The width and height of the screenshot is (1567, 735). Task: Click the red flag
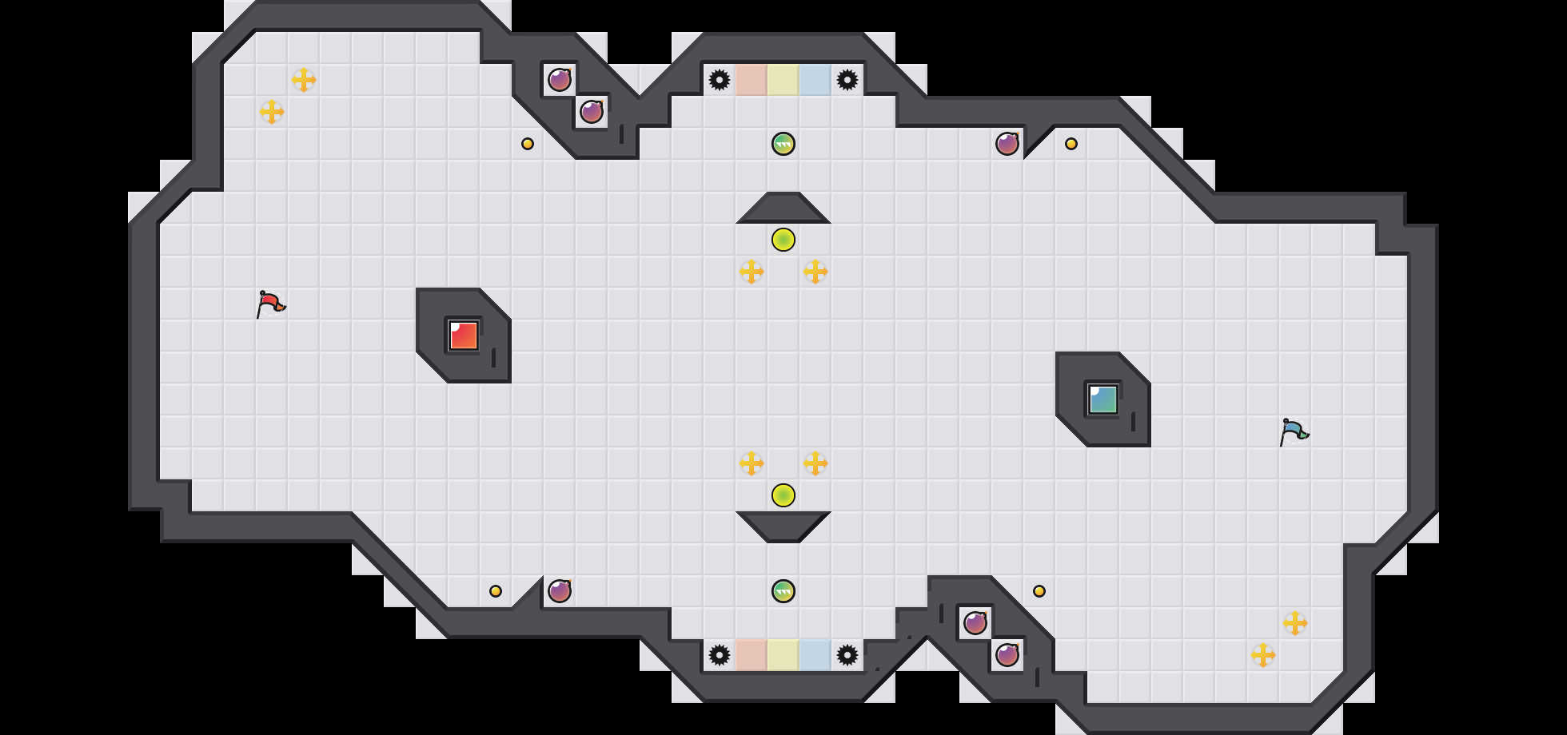tap(270, 304)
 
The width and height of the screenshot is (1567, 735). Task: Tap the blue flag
tap(1294, 431)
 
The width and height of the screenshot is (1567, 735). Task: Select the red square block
tap(464, 336)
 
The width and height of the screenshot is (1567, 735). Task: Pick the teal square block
tap(1103, 399)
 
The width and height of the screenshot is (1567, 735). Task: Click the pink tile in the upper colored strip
tap(752, 80)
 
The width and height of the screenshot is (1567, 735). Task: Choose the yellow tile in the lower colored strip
tap(783, 655)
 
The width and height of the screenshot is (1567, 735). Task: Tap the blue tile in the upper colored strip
tap(815, 80)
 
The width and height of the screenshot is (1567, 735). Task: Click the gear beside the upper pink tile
tap(720, 80)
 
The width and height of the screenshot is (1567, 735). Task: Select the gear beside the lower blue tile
tap(847, 655)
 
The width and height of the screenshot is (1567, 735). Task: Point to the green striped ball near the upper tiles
tap(783, 144)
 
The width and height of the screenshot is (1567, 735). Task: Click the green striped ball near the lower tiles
tap(783, 591)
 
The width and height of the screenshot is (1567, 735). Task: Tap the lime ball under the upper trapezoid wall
tap(783, 240)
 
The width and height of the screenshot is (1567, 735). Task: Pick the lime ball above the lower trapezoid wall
tap(783, 495)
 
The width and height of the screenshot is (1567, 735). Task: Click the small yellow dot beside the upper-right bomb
tap(1071, 144)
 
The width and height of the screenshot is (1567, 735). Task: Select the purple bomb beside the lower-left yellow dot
tap(560, 591)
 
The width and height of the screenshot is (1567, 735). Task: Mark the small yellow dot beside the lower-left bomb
tap(496, 591)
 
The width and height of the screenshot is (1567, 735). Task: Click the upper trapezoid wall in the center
tap(783, 209)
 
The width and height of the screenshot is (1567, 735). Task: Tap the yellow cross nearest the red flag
tap(272, 112)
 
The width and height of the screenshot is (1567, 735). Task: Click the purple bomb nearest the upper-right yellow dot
tap(1007, 144)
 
